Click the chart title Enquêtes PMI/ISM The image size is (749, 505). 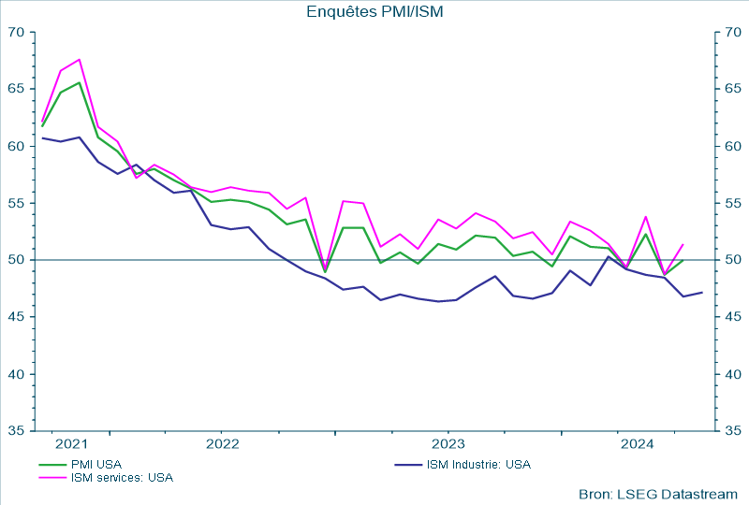[x=374, y=11]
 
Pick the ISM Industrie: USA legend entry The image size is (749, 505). [x=478, y=464]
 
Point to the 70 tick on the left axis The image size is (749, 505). [x=16, y=33]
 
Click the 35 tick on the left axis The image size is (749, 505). [x=16, y=431]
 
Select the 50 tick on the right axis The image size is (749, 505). [x=732, y=260]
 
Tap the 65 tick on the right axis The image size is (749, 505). [x=732, y=90]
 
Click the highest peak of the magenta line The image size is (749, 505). [x=80, y=59]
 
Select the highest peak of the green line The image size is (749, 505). [x=80, y=82]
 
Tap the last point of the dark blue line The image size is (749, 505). [x=702, y=293]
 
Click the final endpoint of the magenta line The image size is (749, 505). [x=683, y=244]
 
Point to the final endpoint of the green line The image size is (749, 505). [x=683, y=260]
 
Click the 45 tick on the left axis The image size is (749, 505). [x=16, y=317]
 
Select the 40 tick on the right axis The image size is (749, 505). [x=732, y=374]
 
